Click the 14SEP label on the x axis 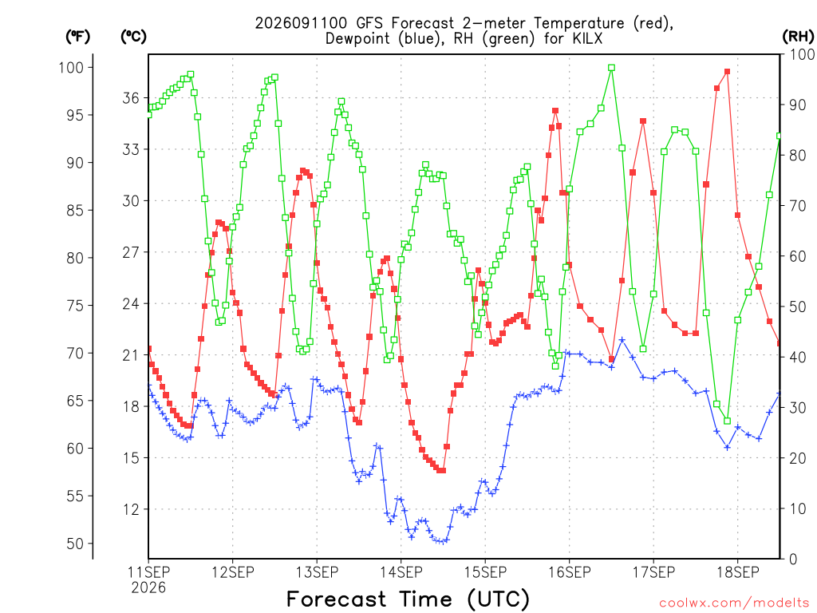coord(401,572)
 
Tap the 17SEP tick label coord(654,572)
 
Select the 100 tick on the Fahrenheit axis coord(71,67)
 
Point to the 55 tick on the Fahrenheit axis coord(75,496)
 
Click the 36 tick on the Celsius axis coord(131,98)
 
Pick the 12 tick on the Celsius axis coord(131,509)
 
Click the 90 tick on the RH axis coord(797,105)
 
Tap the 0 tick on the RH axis coord(793,560)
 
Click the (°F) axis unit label coord(77,37)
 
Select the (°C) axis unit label coord(133,37)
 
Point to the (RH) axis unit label coord(798,37)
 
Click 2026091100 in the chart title coord(301,23)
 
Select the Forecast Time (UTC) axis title coord(408,599)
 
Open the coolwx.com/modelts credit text coord(734,603)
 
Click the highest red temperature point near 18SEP coord(728,71)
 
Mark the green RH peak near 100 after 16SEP coord(612,68)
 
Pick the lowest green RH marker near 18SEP coord(728,421)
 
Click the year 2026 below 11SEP coord(148,588)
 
